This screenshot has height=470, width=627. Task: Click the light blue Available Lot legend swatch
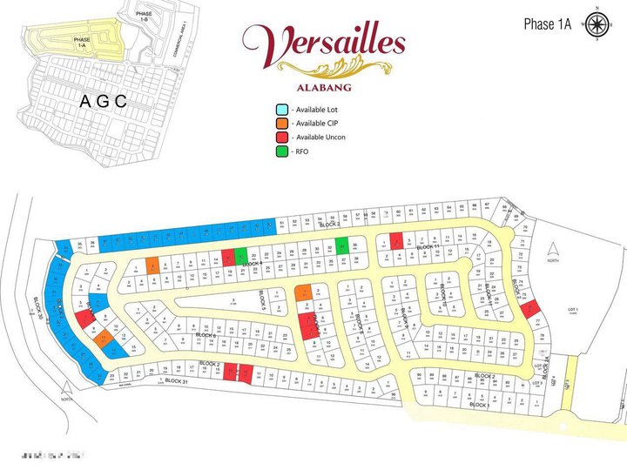pos(281,110)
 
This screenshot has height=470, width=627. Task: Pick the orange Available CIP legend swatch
pos(281,124)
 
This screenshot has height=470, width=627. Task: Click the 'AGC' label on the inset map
pos(103,102)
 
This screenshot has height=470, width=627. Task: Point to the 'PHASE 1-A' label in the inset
pos(82,43)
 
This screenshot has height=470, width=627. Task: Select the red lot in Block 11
pos(396,241)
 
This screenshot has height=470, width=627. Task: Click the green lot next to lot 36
pos(342,245)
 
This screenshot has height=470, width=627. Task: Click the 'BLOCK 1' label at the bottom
pos(480,405)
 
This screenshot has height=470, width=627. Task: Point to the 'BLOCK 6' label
pos(206,335)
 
